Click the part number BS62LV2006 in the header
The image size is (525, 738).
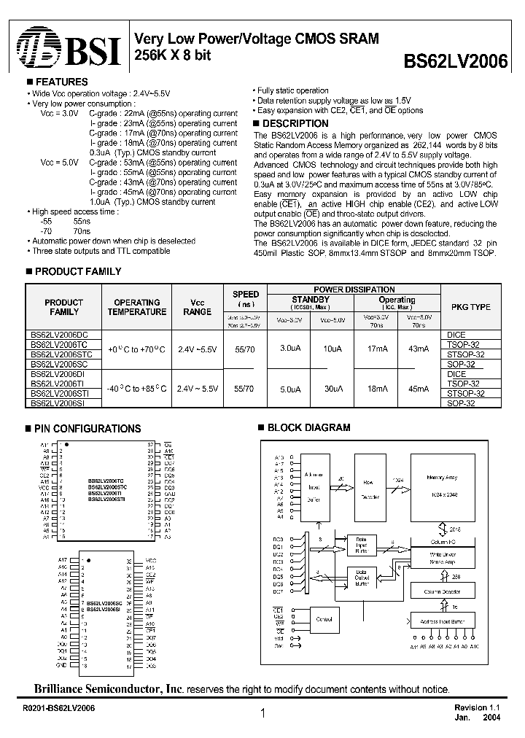(x=455, y=61)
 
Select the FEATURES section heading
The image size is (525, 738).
(x=61, y=82)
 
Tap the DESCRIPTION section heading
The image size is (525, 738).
(x=295, y=124)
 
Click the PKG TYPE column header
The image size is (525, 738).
(x=470, y=307)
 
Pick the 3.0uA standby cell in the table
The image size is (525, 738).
(x=291, y=349)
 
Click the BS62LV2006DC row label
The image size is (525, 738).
(x=58, y=335)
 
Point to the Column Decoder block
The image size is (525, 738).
(x=440, y=591)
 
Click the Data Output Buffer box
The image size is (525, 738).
(x=362, y=577)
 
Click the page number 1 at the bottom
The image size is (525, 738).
(x=262, y=715)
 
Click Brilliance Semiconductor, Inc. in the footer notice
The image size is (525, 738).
(x=109, y=689)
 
